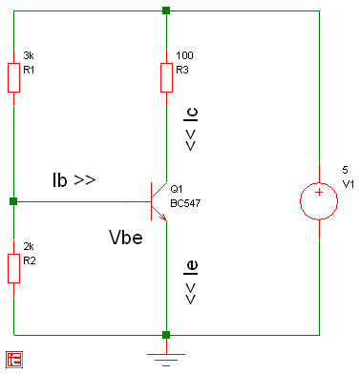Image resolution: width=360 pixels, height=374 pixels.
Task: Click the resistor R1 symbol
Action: pyautogui.click(x=13, y=77)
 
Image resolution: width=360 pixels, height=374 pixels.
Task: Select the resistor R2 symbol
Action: pyautogui.click(x=13, y=268)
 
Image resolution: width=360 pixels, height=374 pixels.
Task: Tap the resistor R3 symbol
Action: pyautogui.click(x=166, y=77)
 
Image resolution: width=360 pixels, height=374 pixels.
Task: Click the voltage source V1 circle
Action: pyautogui.click(x=318, y=201)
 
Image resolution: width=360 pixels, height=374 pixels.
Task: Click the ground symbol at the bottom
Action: pyautogui.click(x=166, y=357)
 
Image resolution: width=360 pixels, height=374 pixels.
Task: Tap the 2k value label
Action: pyautogui.click(x=28, y=246)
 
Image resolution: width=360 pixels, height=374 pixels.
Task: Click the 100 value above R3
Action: pyautogui.click(x=184, y=55)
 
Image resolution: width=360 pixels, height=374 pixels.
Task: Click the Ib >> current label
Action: pyautogui.click(x=74, y=178)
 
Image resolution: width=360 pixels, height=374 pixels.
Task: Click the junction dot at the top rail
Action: pyautogui.click(x=166, y=10)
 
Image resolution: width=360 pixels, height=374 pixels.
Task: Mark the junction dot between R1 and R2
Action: pyautogui.click(x=13, y=201)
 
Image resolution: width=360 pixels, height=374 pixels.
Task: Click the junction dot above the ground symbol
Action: pyautogui.click(x=166, y=335)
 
